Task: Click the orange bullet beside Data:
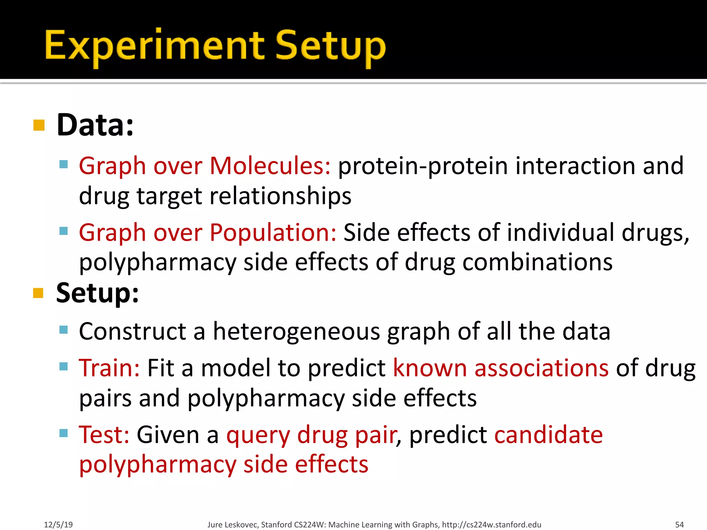click(39, 125)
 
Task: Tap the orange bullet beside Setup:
click(38, 293)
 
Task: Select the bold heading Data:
click(95, 125)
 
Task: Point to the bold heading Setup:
click(97, 293)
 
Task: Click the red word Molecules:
click(270, 166)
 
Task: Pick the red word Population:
click(273, 232)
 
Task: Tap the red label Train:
click(109, 368)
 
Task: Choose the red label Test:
click(104, 434)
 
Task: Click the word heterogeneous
click(296, 332)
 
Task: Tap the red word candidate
click(548, 434)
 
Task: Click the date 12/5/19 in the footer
click(58, 524)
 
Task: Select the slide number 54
click(679, 524)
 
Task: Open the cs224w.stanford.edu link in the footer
click(491, 524)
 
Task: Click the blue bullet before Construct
click(64, 330)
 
